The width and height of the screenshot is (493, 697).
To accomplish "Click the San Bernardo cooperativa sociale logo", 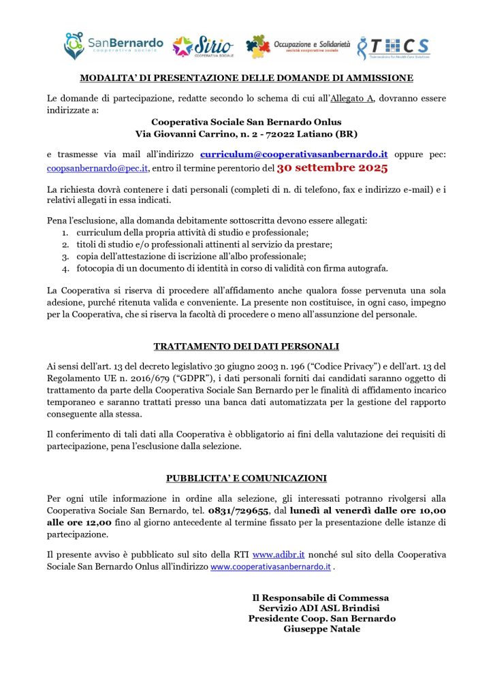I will click(x=113, y=46).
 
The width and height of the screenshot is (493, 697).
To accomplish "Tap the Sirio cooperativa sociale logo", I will click(x=203, y=46).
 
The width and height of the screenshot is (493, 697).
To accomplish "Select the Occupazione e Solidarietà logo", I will click(x=298, y=46).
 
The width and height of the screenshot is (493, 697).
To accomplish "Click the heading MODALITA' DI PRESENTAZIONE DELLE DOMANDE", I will click(x=246, y=78).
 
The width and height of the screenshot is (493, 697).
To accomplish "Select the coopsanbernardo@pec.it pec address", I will click(x=97, y=167).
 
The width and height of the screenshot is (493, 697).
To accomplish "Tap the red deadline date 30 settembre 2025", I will click(x=332, y=167).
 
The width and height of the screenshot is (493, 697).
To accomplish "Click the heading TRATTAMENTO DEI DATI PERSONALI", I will click(x=246, y=346).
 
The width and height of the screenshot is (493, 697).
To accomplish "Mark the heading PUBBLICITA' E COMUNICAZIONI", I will click(x=246, y=478).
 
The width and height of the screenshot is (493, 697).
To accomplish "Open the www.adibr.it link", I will click(x=278, y=555).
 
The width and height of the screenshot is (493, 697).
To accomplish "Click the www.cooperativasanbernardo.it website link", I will click(x=270, y=566).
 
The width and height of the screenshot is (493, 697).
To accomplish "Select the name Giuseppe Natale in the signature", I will click(x=322, y=629).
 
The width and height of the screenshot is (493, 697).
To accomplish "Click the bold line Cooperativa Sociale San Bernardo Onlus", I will click(x=246, y=122).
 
